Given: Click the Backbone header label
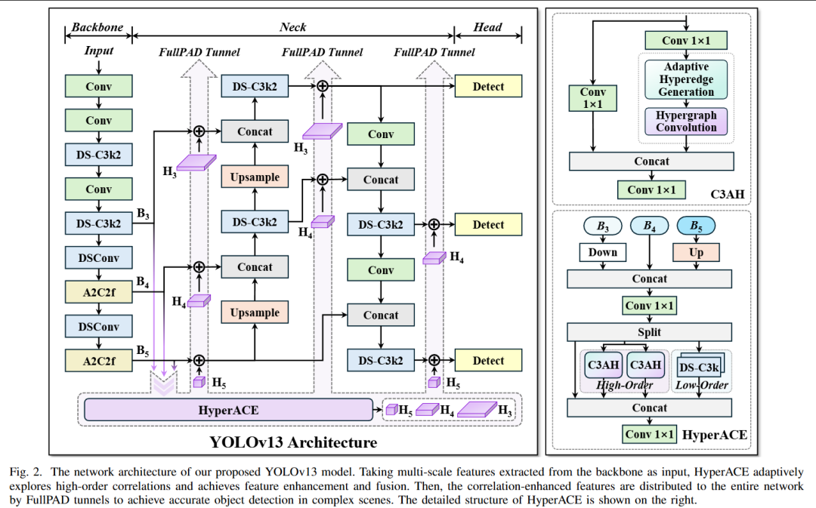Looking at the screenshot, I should (97, 27).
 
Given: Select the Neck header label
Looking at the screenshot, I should (293, 27).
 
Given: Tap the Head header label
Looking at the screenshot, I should (487, 27).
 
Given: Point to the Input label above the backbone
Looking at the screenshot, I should (99, 51).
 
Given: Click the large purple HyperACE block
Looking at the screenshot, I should (228, 410).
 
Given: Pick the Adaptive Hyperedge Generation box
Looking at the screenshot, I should (686, 79).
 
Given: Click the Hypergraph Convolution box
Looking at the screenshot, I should (686, 122).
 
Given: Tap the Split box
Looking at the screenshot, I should (649, 332).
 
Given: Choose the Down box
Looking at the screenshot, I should (603, 252).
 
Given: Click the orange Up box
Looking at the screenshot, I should (696, 252).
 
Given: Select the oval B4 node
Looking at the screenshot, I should (649, 226).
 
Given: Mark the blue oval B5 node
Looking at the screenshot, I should (696, 226).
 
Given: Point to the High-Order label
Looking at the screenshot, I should (625, 385).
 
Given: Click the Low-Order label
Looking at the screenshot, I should (703, 385).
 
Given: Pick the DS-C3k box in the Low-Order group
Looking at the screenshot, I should (699, 367).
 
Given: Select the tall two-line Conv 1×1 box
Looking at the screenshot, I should (593, 98).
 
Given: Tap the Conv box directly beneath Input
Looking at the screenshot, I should (99, 86).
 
